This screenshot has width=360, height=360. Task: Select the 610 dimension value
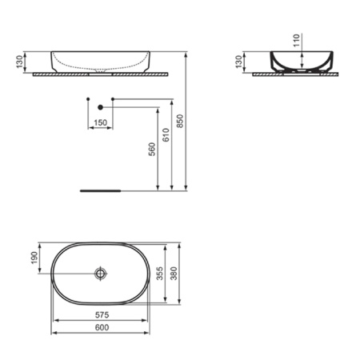point(166,136)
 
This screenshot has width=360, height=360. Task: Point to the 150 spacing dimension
point(99,122)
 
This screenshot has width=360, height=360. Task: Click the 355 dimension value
point(160,274)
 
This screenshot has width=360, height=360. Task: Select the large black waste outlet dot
point(100,106)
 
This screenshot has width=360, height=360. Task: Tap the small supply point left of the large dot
point(86,99)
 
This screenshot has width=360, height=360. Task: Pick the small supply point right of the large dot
point(113,99)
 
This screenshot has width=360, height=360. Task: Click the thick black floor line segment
point(100,191)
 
